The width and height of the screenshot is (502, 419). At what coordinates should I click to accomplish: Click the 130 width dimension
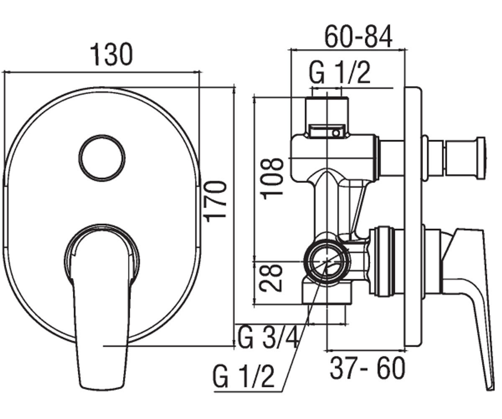111,54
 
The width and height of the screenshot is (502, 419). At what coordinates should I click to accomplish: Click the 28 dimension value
270,278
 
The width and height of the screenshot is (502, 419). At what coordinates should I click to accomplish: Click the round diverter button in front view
102,158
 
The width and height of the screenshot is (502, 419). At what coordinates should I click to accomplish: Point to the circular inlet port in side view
326,261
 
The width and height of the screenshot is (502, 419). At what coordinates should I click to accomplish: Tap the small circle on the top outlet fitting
336,133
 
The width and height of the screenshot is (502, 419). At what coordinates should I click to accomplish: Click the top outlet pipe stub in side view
327,116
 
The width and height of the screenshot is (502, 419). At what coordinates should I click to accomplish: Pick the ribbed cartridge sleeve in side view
385,261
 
